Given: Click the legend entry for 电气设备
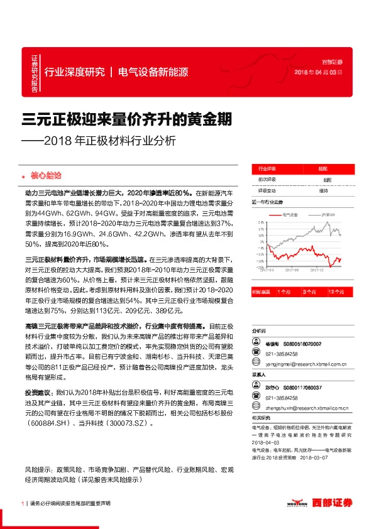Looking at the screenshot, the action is coord(290,215).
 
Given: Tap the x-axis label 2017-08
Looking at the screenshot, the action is coord(292,270).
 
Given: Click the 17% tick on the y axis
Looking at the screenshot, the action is coord(260,229).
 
